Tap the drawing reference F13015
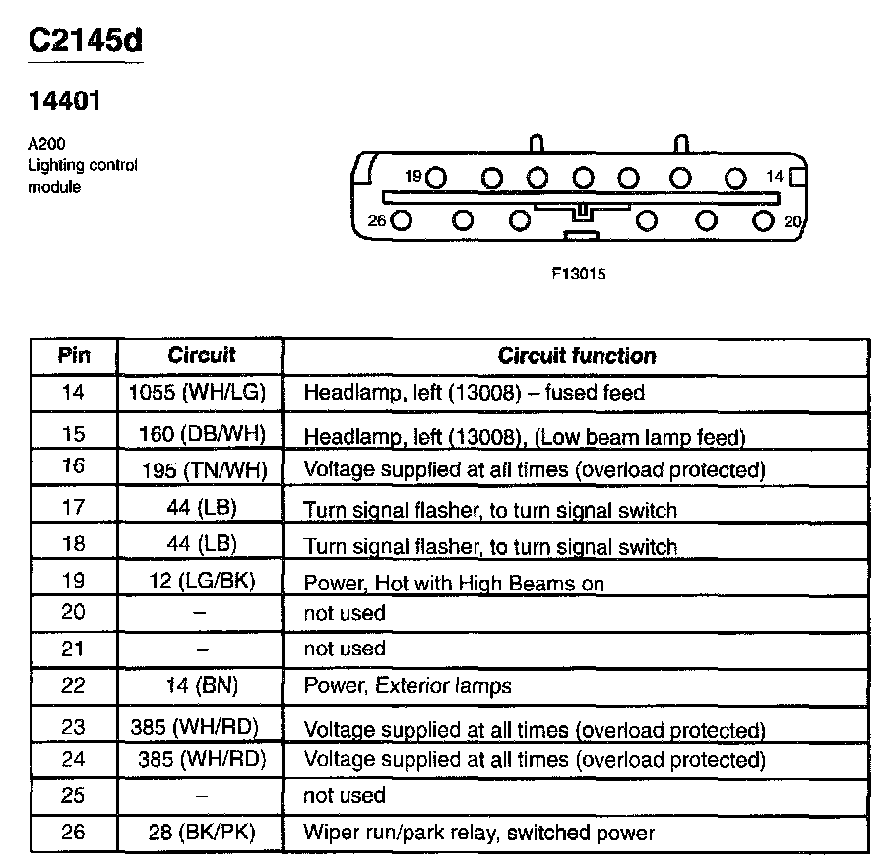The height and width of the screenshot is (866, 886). coord(579,275)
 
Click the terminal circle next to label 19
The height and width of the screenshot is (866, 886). coord(436,178)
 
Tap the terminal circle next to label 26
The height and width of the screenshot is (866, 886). coord(400,221)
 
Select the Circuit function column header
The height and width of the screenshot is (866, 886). coord(576,356)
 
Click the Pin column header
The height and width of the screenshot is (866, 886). coord(73,356)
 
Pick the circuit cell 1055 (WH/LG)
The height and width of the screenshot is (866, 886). coord(198,393)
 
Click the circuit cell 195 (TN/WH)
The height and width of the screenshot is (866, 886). coord(204,470)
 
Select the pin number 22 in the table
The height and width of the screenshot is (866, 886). coord(73,686)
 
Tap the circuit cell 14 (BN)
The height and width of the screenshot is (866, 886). coord(201,686)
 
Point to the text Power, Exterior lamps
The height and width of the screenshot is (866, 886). coord(408,686)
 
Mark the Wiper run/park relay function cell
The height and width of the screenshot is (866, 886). coord(478,834)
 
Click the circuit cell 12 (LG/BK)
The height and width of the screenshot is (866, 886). coord(202,582)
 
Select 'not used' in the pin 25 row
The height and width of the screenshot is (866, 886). coord(345,795)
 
